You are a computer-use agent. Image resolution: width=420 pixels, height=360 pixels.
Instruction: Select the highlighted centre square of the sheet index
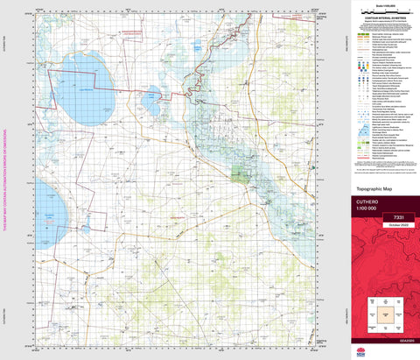click(381, 312)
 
